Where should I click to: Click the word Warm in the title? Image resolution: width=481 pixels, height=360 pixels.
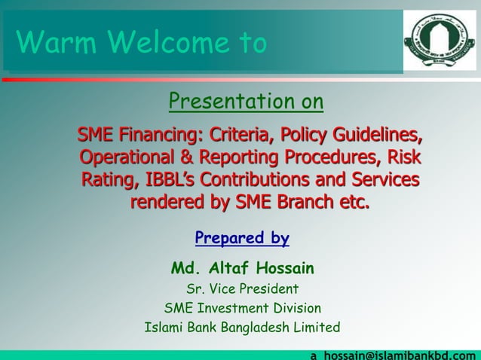coord(48,43)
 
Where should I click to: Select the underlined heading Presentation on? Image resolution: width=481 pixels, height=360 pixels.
coord(246,101)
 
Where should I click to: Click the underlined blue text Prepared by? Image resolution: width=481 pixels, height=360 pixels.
coord(241,239)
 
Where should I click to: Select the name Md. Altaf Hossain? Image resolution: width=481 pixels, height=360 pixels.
coord(242,269)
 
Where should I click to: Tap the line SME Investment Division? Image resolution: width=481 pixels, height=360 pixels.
coord(242,308)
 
